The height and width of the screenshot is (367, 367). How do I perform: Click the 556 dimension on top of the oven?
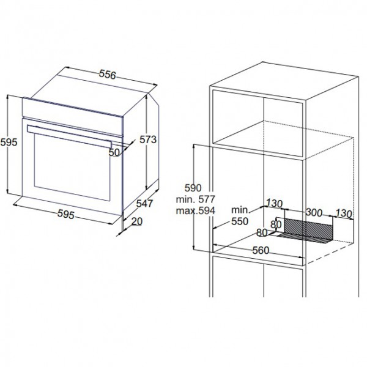point(108,74)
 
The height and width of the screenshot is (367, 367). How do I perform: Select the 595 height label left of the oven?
point(9,142)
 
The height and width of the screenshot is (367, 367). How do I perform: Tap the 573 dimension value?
point(148,139)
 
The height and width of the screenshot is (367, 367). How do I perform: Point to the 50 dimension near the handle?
point(114,152)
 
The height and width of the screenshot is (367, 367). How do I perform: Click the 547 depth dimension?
point(144,204)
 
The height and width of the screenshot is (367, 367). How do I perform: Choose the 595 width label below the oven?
point(66,214)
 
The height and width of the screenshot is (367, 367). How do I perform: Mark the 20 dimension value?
point(137,221)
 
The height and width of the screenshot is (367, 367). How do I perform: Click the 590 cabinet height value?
point(193,188)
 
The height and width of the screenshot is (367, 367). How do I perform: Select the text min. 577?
point(196,199)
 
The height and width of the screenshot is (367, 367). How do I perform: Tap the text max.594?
point(196,210)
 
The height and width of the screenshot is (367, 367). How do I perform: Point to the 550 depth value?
point(240,221)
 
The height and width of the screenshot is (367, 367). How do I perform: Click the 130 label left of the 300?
point(275,204)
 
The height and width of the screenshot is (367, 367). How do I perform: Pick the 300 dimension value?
point(314,212)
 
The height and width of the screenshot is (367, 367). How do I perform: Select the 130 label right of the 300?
point(344,213)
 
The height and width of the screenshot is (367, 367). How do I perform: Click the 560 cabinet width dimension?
point(261,250)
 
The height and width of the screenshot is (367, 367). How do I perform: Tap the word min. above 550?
point(240,210)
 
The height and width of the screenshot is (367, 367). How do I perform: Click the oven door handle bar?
point(69,136)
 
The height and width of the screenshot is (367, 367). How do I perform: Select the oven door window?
point(72,167)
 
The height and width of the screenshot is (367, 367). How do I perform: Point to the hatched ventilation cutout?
point(308,231)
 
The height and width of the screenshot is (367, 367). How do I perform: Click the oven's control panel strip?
point(73,116)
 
